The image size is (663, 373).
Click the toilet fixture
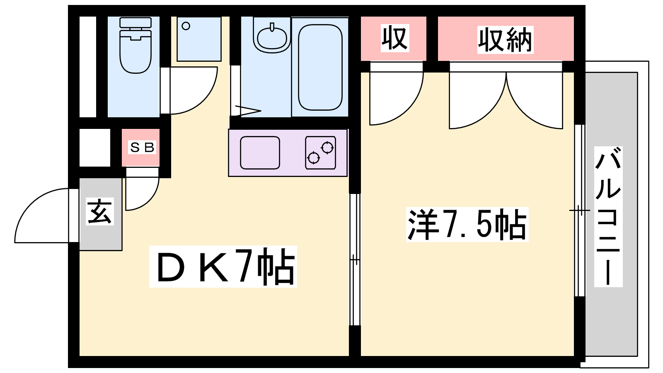[135, 46]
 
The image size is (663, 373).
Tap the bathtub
[320, 67]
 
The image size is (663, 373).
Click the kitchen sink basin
[260, 153]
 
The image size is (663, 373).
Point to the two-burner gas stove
[320, 153]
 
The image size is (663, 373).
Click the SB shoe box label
[142, 147]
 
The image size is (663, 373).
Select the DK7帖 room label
[223, 266]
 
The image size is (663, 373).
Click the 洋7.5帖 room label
[467, 224]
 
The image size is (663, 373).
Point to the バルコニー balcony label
[608, 216]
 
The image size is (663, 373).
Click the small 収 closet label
[394, 38]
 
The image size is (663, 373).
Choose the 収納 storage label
[505, 40]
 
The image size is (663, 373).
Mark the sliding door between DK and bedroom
[355, 259]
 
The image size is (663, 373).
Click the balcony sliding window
[579, 211]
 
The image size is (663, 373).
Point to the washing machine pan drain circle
[186, 26]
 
